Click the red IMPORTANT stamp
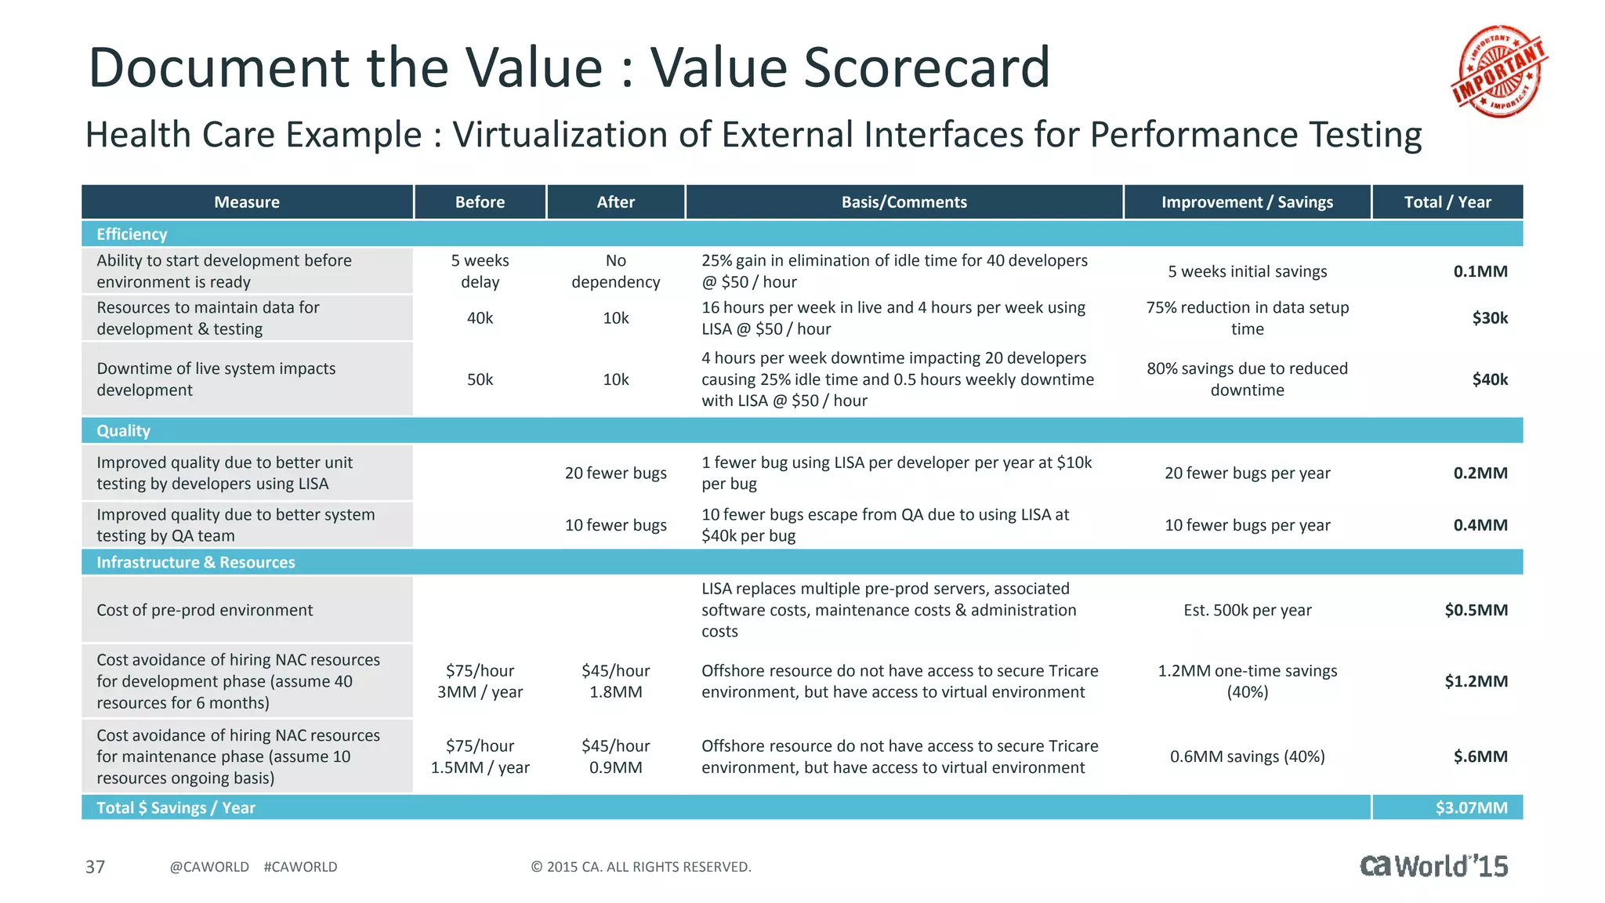(x=1499, y=71)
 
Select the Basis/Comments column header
(x=904, y=202)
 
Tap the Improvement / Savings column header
(x=1246, y=202)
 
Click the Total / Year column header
(x=1447, y=202)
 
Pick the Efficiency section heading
(x=132, y=234)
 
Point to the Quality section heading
(x=123, y=430)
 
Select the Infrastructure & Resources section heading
(x=195, y=562)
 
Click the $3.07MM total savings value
(x=1470, y=807)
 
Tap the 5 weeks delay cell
(x=480, y=271)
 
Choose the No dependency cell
(x=615, y=271)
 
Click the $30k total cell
(x=1489, y=318)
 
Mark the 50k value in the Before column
(x=480, y=379)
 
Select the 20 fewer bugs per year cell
(x=1247, y=473)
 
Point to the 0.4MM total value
(x=1480, y=525)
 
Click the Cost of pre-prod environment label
(x=205, y=610)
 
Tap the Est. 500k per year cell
(x=1247, y=610)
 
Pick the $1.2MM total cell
(x=1476, y=681)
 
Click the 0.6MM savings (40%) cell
(x=1247, y=756)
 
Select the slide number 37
(x=95, y=867)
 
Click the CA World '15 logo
(x=1433, y=865)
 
